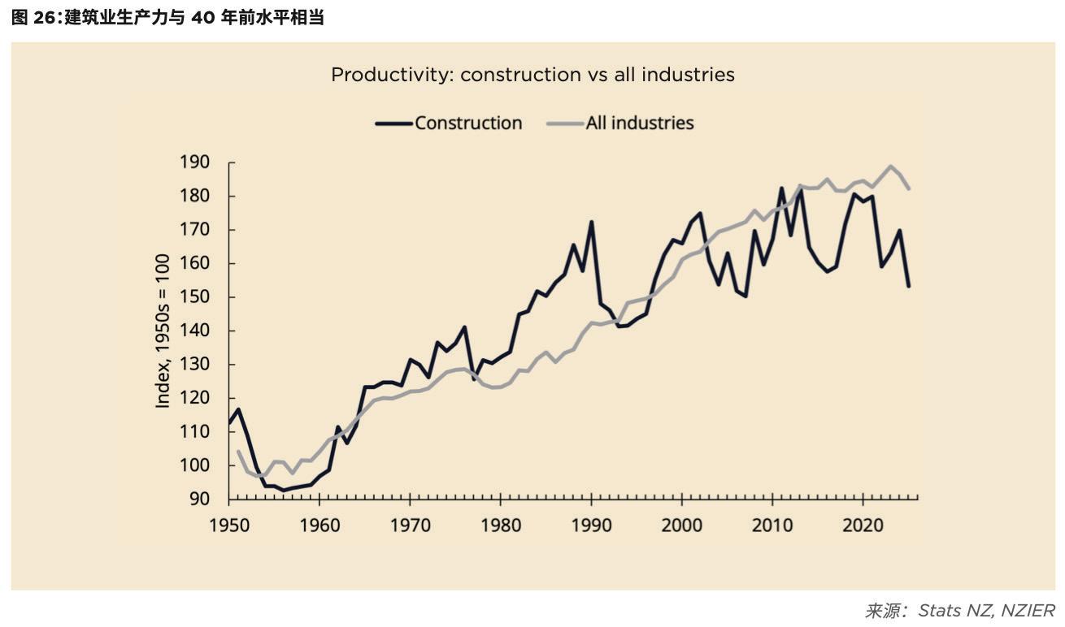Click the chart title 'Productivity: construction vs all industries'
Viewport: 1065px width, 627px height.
coord(532,75)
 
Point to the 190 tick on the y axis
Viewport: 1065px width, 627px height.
coord(195,162)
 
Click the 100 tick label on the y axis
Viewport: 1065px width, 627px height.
coord(195,465)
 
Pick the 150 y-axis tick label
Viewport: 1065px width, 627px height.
coord(195,297)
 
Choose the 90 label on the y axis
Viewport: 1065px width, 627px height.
coord(199,499)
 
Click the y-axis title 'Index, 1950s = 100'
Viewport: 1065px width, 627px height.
coord(163,331)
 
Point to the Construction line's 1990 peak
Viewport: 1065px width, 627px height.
coord(591,221)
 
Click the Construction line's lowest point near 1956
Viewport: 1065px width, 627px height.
coord(284,491)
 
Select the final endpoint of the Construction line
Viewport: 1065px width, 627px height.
coord(908,286)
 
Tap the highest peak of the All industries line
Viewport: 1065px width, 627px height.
coord(890,166)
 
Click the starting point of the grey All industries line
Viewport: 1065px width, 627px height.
coord(238,452)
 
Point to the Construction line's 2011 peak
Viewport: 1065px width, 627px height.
coord(781,188)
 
